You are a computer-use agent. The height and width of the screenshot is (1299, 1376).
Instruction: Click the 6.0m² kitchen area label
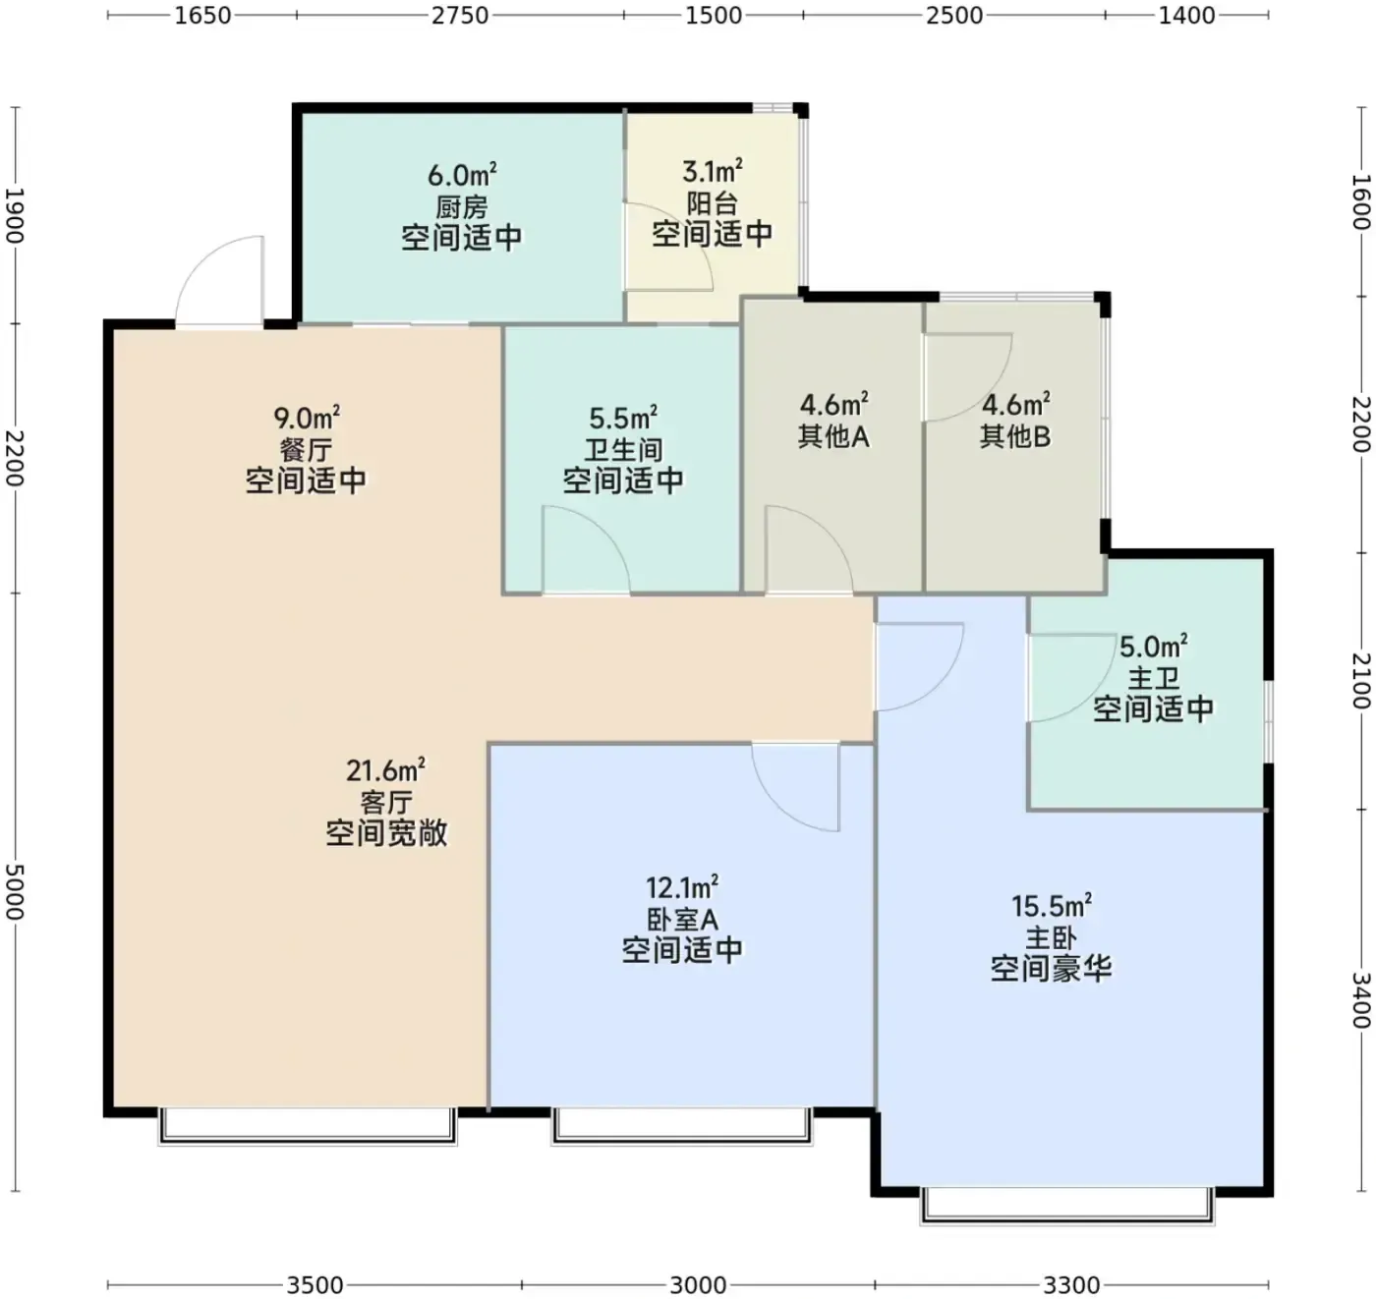[462, 175]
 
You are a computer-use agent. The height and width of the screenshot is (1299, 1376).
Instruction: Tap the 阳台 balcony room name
[713, 203]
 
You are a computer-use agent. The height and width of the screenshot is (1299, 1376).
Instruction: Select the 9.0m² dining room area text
[307, 418]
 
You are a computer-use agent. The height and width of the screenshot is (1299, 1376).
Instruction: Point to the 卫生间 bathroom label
[623, 450]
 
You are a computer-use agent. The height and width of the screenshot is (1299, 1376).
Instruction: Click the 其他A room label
[833, 436]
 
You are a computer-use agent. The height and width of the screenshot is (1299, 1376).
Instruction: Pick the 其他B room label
[1015, 436]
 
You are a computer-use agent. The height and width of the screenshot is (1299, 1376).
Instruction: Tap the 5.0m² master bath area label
[1154, 647]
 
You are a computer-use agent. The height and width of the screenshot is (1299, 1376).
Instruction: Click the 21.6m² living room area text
[386, 769]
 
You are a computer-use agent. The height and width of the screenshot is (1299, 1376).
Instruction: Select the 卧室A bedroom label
[682, 920]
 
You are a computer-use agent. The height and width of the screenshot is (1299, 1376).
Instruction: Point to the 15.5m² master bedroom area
[1051, 906]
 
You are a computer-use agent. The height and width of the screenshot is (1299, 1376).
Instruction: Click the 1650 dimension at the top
[202, 16]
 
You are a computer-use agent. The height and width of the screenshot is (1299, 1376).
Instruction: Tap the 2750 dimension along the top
[460, 16]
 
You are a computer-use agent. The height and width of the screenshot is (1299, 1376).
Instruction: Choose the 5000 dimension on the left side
[16, 891]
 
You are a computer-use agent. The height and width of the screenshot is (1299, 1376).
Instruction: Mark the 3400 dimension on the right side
[1360, 999]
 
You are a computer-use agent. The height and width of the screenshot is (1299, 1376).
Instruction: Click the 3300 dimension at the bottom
[1072, 1285]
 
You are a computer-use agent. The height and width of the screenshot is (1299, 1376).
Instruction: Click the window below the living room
[308, 1125]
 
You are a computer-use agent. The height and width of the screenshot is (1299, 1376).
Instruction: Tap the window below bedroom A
[682, 1125]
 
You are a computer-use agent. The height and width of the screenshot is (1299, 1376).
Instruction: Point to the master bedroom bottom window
[1067, 1206]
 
